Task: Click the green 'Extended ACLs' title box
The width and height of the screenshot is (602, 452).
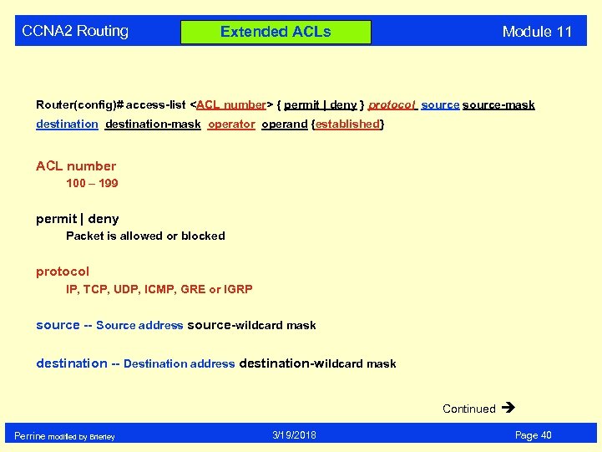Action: click(x=276, y=32)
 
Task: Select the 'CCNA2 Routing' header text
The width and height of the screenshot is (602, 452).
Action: click(x=75, y=31)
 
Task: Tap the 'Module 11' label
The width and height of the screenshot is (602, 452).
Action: click(x=537, y=32)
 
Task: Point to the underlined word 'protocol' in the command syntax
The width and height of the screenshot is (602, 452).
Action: click(x=392, y=105)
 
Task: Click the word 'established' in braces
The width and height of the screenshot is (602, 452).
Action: click(x=347, y=124)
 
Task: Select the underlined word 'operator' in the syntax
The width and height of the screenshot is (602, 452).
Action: click(x=231, y=124)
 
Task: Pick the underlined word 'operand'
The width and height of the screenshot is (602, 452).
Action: click(x=284, y=124)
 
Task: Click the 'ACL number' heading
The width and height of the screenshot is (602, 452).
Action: click(x=76, y=165)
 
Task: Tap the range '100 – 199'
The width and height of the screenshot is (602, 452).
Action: click(x=92, y=183)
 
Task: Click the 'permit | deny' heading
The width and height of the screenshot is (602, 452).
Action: click(x=77, y=219)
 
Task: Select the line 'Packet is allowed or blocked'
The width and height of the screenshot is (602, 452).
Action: click(x=145, y=236)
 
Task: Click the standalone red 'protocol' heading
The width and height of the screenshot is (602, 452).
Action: click(x=62, y=272)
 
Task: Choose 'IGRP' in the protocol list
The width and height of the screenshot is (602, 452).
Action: click(x=238, y=290)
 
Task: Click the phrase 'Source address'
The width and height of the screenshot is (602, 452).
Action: click(x=139, y=326)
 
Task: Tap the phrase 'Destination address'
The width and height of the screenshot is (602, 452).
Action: click(x=179, y=364)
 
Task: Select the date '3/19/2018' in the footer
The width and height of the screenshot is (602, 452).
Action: click(x=294, y=435)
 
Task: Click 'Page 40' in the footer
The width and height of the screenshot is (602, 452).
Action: click(x=533, y=435)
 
